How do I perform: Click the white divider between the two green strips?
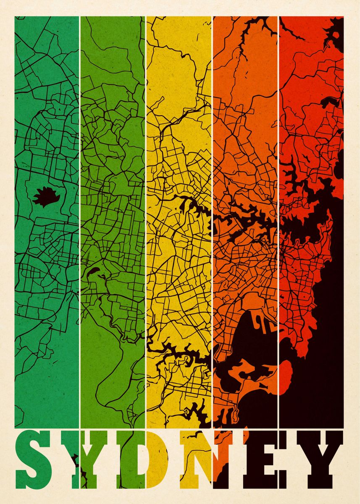click(x=80, y=210)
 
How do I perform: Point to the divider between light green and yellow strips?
click(x=146, y=210)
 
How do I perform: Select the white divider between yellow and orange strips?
click(x=212, y=210)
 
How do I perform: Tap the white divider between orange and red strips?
click(x=279, y=210)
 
